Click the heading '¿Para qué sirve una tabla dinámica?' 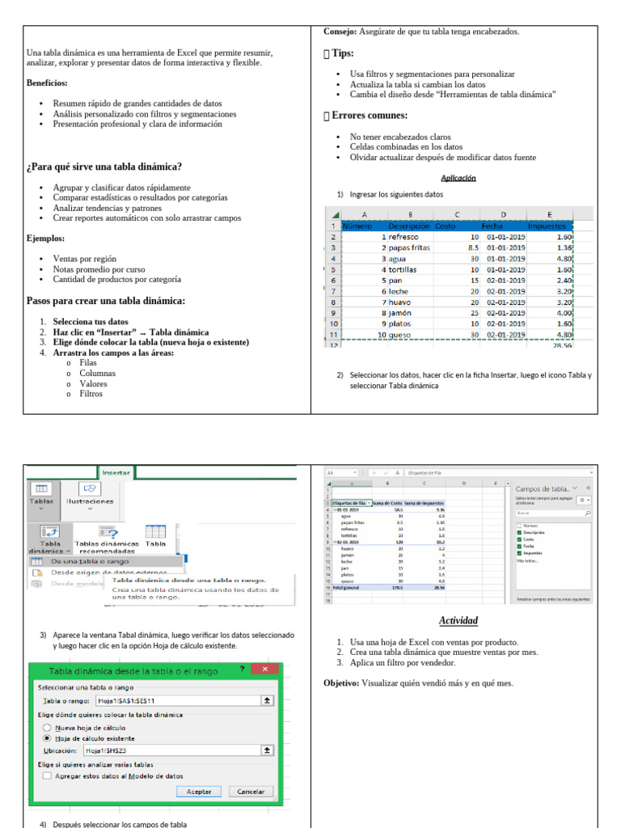tap(103, 167)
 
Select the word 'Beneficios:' tap(47, 82)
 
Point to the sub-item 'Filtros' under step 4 tap(91, 394)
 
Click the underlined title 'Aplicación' tap(458, 178)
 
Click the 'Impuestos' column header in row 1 tap(547, 226)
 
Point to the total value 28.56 tap(561, 344)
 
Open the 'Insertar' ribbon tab tap(116, 471)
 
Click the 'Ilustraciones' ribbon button tap(90, 501)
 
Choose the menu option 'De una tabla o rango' tap(90, 560)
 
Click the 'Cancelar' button tap(251, 792)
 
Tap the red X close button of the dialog tap(264, 670)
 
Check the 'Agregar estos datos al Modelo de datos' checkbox tap(46, 775)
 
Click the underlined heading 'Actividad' tap(458, 621)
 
